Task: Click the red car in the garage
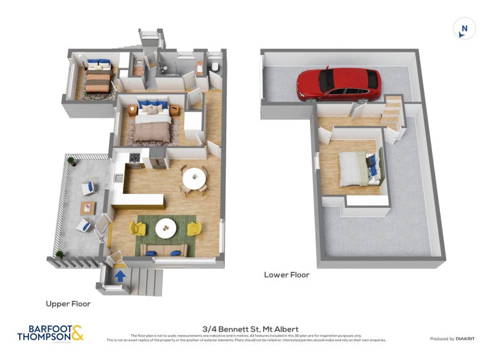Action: tap(338, 84)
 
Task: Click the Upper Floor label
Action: tap(68, 304)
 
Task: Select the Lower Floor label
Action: tap(287, 275)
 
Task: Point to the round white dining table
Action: tap(195, 179)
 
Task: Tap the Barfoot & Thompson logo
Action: tap(51, 333)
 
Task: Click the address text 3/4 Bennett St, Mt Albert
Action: tap(246, 330)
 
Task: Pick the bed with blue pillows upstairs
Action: tap(152, 120)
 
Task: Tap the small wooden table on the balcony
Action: tap(88, 208)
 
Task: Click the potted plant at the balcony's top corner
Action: tap(71, 161)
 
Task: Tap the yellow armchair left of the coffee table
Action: tap(137, 229)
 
